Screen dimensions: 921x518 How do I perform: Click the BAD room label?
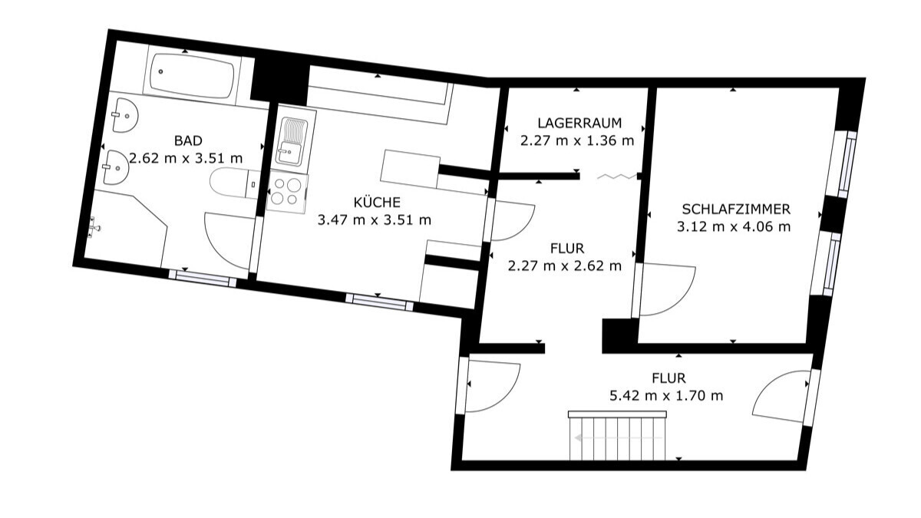point(188,140)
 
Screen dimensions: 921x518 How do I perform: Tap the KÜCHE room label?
point(377,202)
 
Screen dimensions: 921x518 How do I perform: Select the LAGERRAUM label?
point(579,123)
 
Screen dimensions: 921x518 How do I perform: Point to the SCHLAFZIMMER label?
point(736,210)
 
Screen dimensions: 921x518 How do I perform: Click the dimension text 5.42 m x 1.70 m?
point(666,395)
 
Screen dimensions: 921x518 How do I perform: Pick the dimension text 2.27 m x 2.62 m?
point(565,266)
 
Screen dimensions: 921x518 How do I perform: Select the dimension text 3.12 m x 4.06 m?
point(734,226)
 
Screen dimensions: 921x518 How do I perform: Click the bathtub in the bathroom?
point(193,76)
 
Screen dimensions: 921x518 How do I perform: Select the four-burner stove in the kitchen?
point(287,192)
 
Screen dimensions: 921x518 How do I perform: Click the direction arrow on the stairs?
point(618,438)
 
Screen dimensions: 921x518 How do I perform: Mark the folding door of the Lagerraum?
point(617,177)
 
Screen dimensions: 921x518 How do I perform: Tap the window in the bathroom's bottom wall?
point(203,278)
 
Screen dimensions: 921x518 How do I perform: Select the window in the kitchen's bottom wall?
point(379,302)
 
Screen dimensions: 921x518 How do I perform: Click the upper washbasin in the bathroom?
point(125,115)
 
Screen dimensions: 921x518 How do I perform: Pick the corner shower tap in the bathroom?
point(94,227)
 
